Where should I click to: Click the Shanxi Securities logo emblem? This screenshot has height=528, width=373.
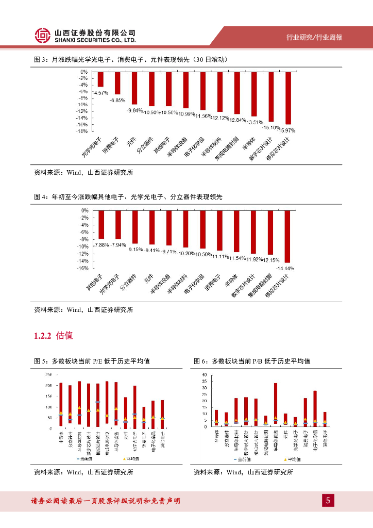point(43,35)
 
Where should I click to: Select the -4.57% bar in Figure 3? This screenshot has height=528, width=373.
point(100,79)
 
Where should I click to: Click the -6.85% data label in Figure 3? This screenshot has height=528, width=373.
point(117,100)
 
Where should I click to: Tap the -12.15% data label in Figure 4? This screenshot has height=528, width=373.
point(270,260)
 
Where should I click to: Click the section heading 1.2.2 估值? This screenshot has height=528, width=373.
point(54,336)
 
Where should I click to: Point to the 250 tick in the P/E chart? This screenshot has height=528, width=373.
point(48,374)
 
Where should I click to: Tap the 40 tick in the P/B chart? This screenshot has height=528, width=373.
point(204,374)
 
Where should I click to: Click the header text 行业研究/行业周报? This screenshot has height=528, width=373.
point(315,37)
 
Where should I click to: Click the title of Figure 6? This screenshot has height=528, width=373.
point(252,361)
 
